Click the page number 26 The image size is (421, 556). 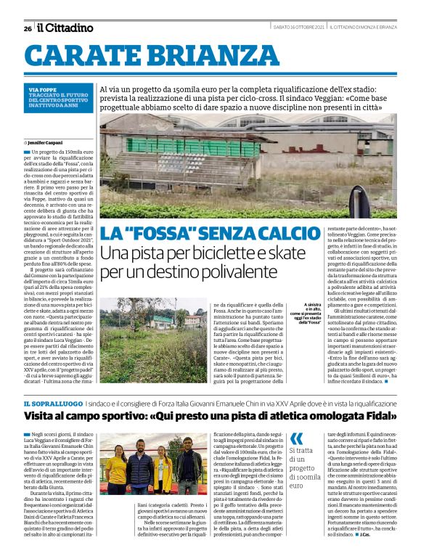point(28,28)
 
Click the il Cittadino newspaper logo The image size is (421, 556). point(65,28)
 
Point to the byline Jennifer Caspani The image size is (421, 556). point(44,142)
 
